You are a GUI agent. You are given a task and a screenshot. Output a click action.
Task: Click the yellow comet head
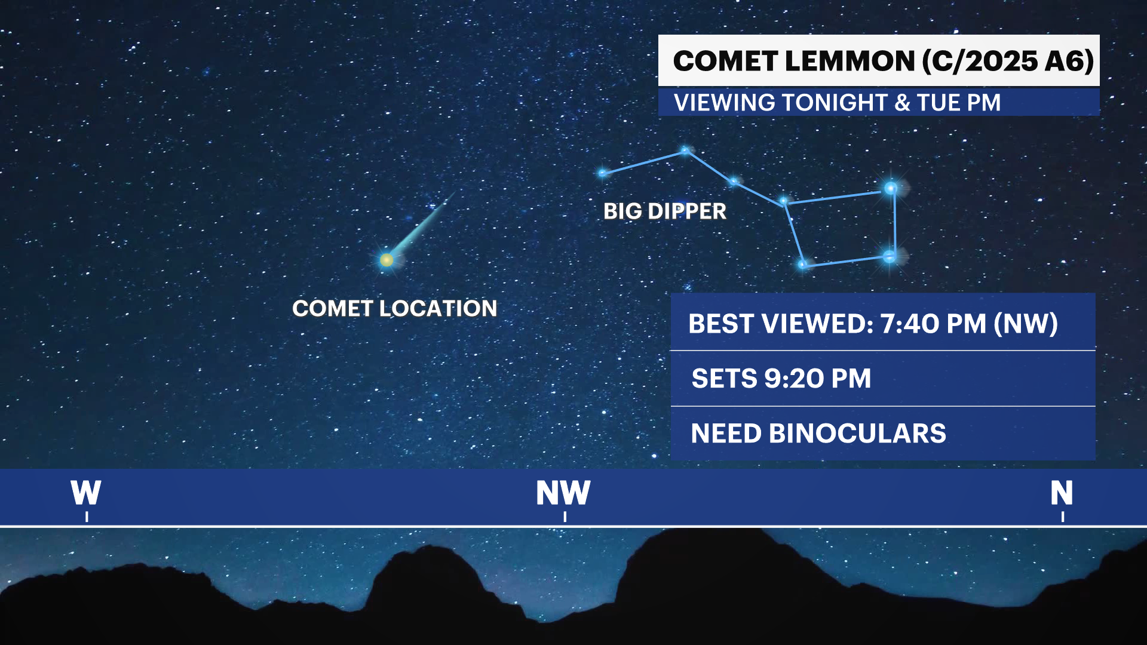pos(387,260)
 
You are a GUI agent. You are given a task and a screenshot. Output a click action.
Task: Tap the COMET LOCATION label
pos(395,309)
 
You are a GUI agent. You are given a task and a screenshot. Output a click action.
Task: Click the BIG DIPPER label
pos(665,211)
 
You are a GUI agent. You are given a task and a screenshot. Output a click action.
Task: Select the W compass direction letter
pos(86,493)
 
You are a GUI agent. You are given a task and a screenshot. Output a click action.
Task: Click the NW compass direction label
pos(563,493)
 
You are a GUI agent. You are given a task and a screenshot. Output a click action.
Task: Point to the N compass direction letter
pos(1062,493)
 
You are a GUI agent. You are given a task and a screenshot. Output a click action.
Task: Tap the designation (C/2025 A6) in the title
pos(1008,62)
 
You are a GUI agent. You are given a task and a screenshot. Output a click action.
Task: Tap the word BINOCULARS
pos(857,434)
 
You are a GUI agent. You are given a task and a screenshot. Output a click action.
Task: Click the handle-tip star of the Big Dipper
pos(602,173)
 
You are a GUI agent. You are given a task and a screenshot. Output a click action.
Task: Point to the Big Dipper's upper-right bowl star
pos(891,189)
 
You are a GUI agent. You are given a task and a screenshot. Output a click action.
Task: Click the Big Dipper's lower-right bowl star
pos(890,257)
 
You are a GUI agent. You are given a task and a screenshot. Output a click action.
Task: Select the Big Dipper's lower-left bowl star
pos(803,264)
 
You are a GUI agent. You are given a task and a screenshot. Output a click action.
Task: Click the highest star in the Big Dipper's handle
pos(686,150)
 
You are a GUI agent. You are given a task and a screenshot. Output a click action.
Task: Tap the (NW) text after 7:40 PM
pos(1026,324)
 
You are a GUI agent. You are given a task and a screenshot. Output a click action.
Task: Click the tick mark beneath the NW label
pos(565,517)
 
